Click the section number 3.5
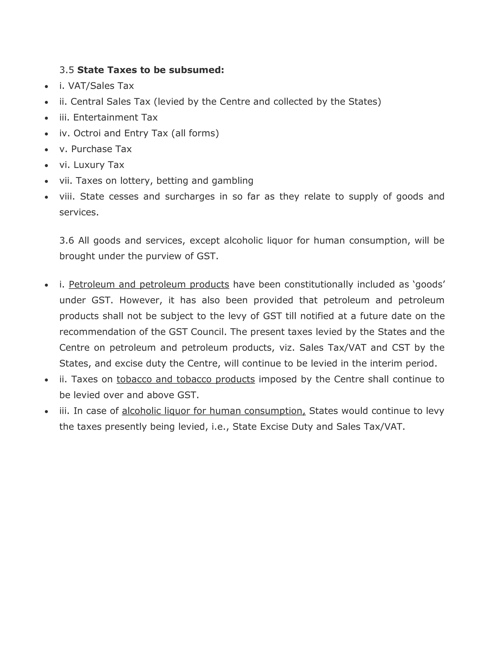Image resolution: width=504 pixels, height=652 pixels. pos(66,70)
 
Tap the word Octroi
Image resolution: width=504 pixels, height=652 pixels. pos(87,133)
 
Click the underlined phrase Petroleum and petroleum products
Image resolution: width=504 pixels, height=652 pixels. pos(149,284)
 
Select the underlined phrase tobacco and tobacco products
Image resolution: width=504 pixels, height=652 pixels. pos(185,379)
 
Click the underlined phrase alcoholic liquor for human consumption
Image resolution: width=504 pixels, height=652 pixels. pos(213,411)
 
